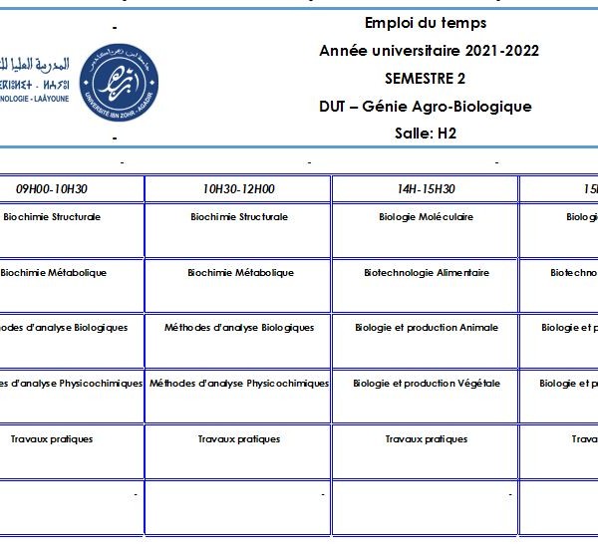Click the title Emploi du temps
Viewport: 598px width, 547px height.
(x=426, y=23)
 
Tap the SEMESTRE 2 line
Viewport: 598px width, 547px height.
(x=426, y=79)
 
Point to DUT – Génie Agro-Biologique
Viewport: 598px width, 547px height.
(x=426, y=107)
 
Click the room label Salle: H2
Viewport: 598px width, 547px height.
(x=426, y=134)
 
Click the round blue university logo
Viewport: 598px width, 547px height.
(x=118, y=78)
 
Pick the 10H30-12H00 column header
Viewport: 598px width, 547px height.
(x=239, y=189)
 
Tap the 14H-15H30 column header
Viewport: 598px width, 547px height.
(x=426, y=189)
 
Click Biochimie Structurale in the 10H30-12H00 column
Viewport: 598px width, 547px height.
(x=239, y=217)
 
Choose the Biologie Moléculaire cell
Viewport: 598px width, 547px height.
(x=426, y=217)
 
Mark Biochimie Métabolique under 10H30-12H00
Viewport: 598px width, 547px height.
(x=240, y=273)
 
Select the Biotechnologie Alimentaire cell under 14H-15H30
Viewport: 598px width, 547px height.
(x=426, y=273)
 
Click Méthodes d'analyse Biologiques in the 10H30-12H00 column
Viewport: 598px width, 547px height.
(x=239, y=328)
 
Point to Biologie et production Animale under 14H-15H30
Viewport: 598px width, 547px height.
(x=426, y=328)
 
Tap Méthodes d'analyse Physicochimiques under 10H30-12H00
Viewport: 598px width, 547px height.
(x=239, y=384)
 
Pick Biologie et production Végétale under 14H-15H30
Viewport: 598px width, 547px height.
(x=426, y=384)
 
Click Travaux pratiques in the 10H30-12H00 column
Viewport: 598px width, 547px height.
(x=239, y=439)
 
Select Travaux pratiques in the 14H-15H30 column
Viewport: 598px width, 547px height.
(x=426, y=439)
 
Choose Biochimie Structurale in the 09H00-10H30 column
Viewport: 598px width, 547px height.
(x=52, y=217)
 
